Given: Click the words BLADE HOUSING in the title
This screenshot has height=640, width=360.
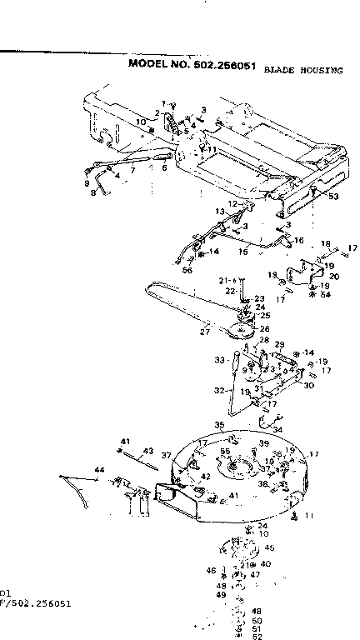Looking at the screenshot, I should pos(302,72).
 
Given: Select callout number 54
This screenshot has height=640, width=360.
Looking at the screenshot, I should pos(324,295).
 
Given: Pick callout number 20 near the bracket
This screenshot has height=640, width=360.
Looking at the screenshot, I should pos(334,276).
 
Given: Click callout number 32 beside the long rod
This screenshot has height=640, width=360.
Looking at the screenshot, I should pos(219,389).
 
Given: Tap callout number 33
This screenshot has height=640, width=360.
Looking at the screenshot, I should pos(219,361).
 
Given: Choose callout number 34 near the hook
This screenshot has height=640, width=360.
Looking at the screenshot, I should pos(277,430).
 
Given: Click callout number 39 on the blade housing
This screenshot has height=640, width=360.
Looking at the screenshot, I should pos(262,443).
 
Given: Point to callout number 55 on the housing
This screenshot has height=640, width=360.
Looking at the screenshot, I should pos(224,451).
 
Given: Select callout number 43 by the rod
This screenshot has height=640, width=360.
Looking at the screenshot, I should pos(148,451).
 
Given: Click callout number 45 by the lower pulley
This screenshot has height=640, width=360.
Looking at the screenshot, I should pos(269,548).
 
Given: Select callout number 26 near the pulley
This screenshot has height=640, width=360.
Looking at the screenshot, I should pos(265,327).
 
